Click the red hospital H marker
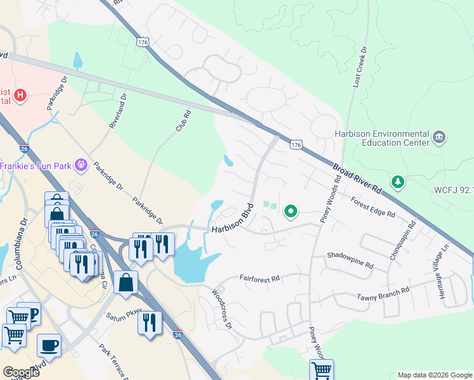pyautogui.click(x=21, y=96)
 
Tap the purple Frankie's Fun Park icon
pyautogui.click(x=80, y=165)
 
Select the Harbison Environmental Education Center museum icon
pyautogui.click(x=439, y=137)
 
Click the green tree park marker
pyautogui.click(x=398, y=182)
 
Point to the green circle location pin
pyautogui.click(x=291, y=211)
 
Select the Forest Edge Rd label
pyautogui.click(x=373, y=206)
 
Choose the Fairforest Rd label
pyautogui.click(x=259, y=278)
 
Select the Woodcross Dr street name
pyautogui.click(x=222, y=310)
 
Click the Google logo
pyautogui.click(x=20, y=372)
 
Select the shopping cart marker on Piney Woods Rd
pyautogui.click(x=321, y=369)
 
